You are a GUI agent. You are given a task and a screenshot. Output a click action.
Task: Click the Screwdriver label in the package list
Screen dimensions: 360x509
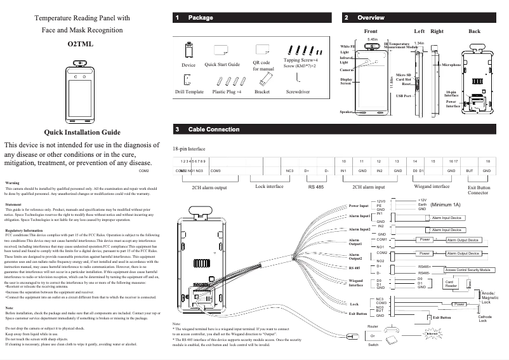pos(298,92)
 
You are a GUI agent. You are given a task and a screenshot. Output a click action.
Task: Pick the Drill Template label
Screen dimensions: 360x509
pos(189,92)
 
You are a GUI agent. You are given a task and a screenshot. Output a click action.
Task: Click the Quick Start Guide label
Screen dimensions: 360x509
pos(222,65)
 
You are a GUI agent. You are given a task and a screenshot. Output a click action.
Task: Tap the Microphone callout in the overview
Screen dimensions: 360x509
pos(451,65)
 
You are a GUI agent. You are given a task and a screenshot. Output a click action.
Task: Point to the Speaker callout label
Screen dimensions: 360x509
pos(347,112)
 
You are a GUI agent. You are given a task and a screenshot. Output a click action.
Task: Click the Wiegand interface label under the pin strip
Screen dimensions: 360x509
pos(432,187)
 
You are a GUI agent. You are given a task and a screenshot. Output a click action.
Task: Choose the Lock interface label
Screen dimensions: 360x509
pos(269,187)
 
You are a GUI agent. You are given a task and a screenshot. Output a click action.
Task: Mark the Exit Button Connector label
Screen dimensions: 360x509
pos(478,190)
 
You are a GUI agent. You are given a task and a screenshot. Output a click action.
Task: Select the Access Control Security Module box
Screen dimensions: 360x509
pos(464,270)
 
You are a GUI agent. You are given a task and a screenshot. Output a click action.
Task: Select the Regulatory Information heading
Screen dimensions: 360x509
pos(23,229)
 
